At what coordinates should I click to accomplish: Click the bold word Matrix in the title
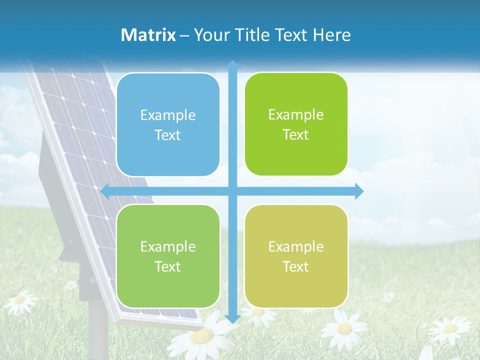148,35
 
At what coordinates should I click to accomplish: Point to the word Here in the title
331,35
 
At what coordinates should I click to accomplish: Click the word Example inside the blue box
168,115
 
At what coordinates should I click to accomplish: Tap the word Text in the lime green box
296,135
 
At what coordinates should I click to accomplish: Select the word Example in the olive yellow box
296,246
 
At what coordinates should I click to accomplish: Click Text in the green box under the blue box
168,266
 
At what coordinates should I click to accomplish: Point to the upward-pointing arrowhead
232,65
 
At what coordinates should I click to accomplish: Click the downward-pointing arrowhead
232,318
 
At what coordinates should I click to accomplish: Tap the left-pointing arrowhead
105,191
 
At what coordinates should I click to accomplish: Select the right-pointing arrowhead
359,191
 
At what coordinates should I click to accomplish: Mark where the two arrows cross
232,191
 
